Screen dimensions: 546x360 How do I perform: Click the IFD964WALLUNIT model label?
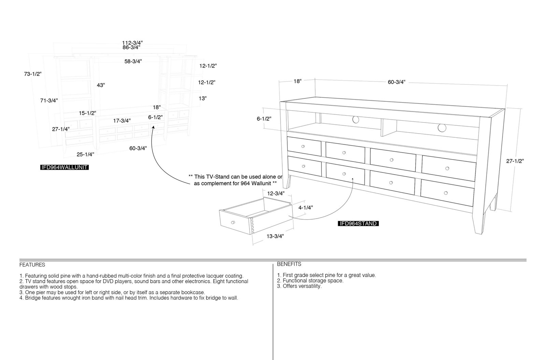64,167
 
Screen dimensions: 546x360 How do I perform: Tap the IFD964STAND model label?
358,223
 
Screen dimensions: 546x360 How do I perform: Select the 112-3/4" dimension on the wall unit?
132,43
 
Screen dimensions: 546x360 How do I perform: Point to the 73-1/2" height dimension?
33,74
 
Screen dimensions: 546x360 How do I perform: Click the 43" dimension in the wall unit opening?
101,85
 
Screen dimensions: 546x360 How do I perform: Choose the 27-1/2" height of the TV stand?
515,161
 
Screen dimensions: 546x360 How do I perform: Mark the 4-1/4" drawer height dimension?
306,208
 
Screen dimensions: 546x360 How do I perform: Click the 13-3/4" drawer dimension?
275,236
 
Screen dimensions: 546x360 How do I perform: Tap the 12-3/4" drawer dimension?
276,193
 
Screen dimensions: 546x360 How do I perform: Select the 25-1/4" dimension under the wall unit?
85,154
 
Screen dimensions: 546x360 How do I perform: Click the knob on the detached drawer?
233,222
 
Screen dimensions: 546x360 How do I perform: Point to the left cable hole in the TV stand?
356,120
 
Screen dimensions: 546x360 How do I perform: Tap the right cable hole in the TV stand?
442,128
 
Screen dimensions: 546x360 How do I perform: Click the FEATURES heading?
32,265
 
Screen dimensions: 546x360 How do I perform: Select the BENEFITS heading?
289,264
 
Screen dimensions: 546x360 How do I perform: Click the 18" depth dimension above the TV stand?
297,81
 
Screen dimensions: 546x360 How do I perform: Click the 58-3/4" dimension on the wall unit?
133,61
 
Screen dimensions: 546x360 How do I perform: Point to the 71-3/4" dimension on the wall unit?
49,100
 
